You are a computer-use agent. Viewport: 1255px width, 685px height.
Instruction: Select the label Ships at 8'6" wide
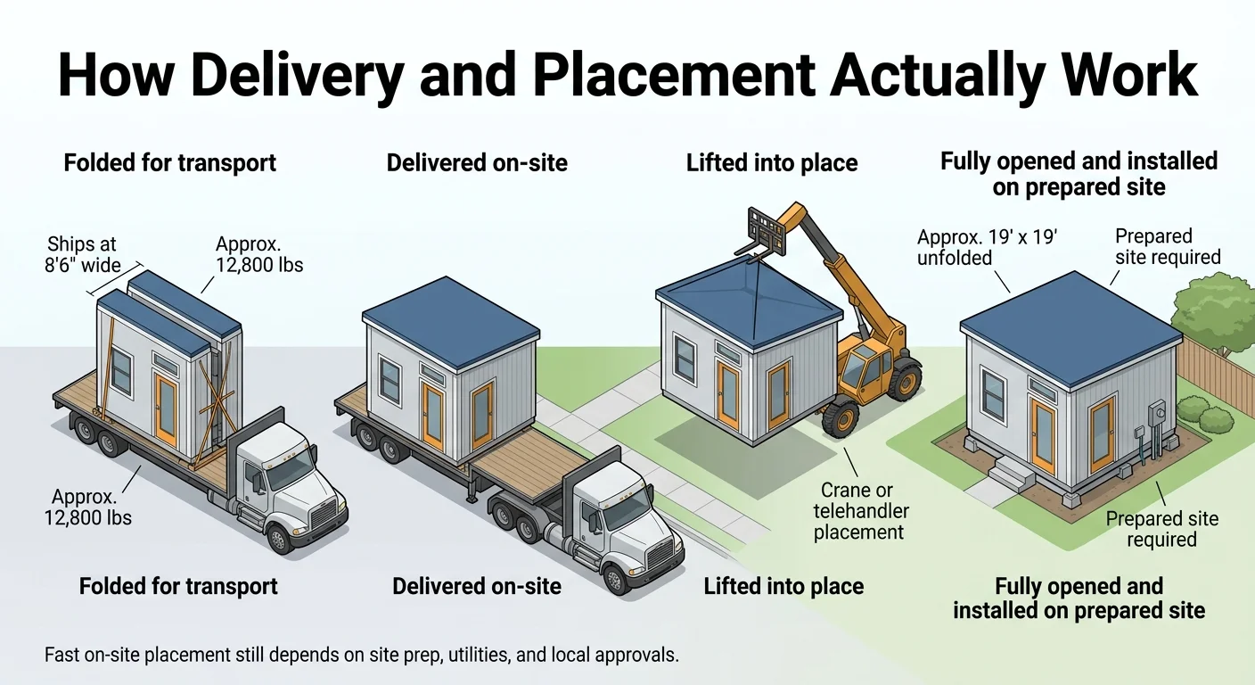point(83,254)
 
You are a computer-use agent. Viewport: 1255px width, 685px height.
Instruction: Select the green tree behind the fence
point(1215,303)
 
